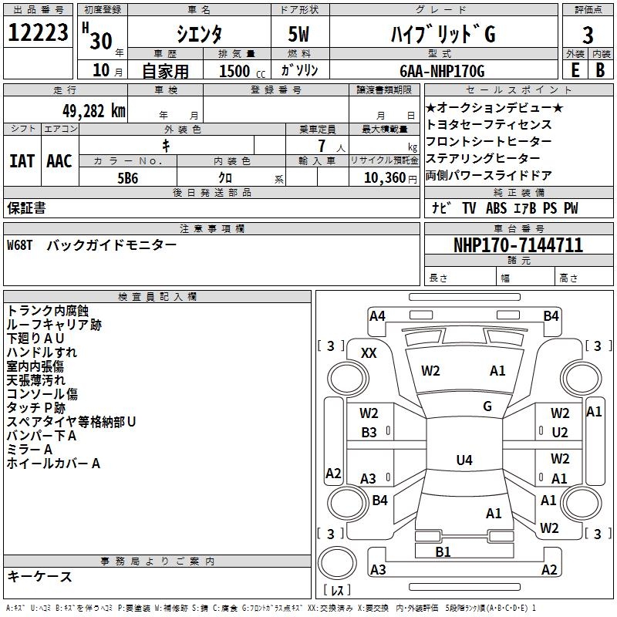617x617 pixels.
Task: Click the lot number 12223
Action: tap(38, 34)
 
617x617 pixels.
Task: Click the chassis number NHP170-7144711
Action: tap(518, 245)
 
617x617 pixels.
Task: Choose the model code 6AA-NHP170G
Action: tap(442, 72)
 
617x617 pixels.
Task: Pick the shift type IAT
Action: tap(22, 160)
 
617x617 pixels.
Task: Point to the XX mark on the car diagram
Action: tap(369, 352)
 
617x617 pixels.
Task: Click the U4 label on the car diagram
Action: tap(464, 460)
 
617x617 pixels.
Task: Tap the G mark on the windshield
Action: tap(487, 406)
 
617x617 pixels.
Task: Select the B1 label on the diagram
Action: tap(443, 551)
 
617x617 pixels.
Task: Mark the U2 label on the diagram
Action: tap(560, 433)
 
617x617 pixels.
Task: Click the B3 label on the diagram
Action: tap(369, 433)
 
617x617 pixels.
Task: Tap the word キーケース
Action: tap(39, 577)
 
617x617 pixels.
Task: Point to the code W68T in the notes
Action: tap(22, 245)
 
